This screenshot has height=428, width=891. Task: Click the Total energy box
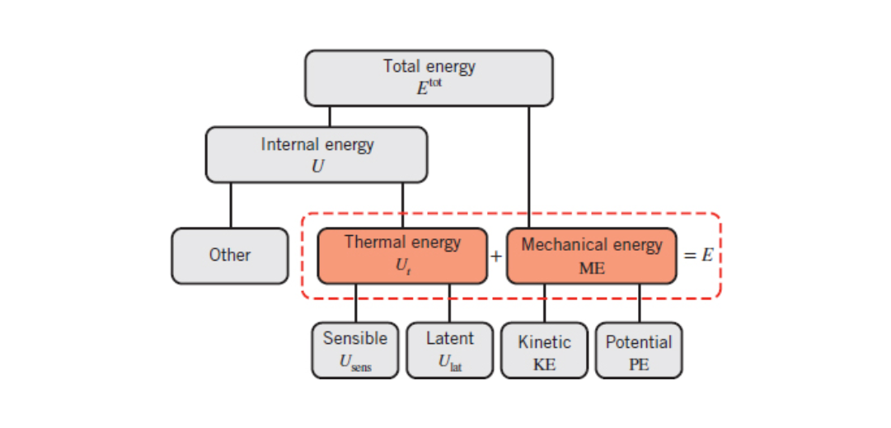pyautogui.click(x=429, y=78)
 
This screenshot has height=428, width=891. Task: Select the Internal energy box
pyautogui.click(x=317, y=154)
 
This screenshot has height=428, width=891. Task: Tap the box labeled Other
pyautogui.click(x=230, y=256)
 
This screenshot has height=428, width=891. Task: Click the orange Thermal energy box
pyautogui.click(x=402, y=256)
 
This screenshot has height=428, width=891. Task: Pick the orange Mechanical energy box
pyautogui.click(x=591, y=256)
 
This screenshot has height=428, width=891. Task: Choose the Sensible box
pyautogui.click(x=355, y=350)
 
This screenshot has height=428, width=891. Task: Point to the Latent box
pyautogui.click(x=449, y=350)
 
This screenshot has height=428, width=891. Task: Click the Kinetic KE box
pyautogui.click(x=544, y=350)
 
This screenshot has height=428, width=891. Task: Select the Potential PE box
pyautogui.click(x=639, y=350)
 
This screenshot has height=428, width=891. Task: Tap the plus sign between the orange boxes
pyautogui.click(x=496, y=256)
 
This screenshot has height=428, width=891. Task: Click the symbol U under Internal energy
pyautogui.click(x=317, y=165)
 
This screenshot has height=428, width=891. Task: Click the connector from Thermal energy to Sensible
pyautogui.click(x=356, y=303)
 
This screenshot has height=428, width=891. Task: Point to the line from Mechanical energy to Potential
pyautogui.click(x=640, y=303)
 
